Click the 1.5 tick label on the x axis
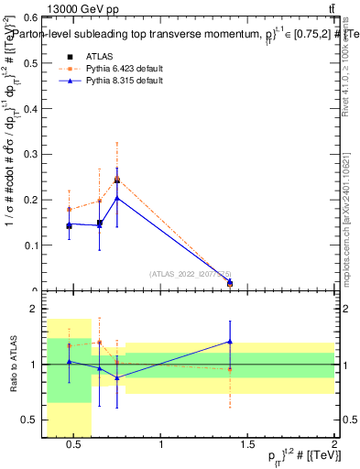(x=247, y=445)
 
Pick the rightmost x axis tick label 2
(x=333, y=445)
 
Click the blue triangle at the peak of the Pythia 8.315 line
(x=116, y=197)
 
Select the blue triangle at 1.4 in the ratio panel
(x=230, y=342)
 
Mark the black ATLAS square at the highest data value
(x=116, y=180)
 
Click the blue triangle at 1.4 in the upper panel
(x=230, y=283)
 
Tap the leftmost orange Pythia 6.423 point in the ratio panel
(x=69, y=345)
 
